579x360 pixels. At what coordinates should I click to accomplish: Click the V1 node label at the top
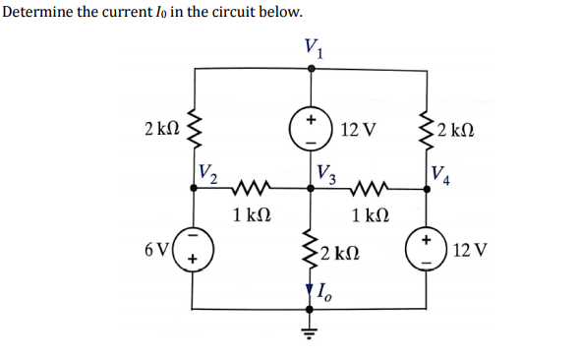pos(313,45)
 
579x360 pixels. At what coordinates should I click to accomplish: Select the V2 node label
pos(208,171)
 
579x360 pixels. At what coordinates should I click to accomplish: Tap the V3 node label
pos(327,173)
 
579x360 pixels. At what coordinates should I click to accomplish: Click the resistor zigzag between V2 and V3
pos(251,186)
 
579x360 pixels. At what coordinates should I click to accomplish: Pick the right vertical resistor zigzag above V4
pos(431,128)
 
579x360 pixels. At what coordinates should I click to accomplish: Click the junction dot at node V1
pos(313,67)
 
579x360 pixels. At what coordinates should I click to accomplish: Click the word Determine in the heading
pos(38,12)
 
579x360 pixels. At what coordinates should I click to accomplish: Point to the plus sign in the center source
pos(312,119)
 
